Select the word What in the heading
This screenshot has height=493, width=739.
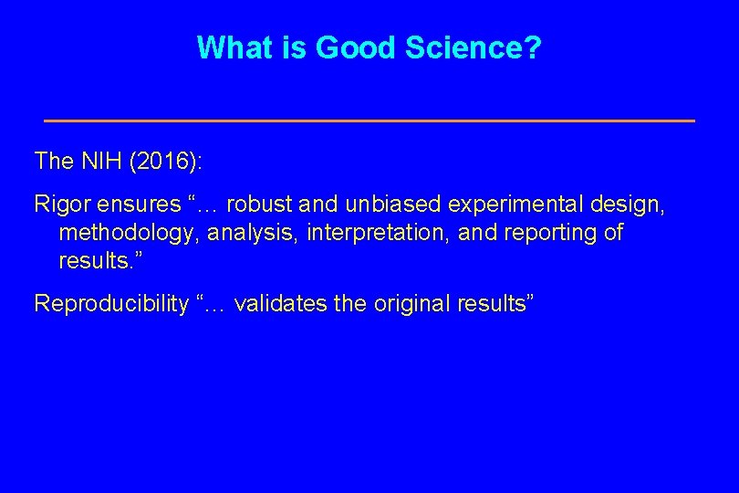coord(235,47)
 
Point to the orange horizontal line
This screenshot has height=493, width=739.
coord(369,121)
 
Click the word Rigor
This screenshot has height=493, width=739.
coord(58,204)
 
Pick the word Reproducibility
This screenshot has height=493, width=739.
coord(110,304)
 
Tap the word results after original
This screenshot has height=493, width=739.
coord(494,304)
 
